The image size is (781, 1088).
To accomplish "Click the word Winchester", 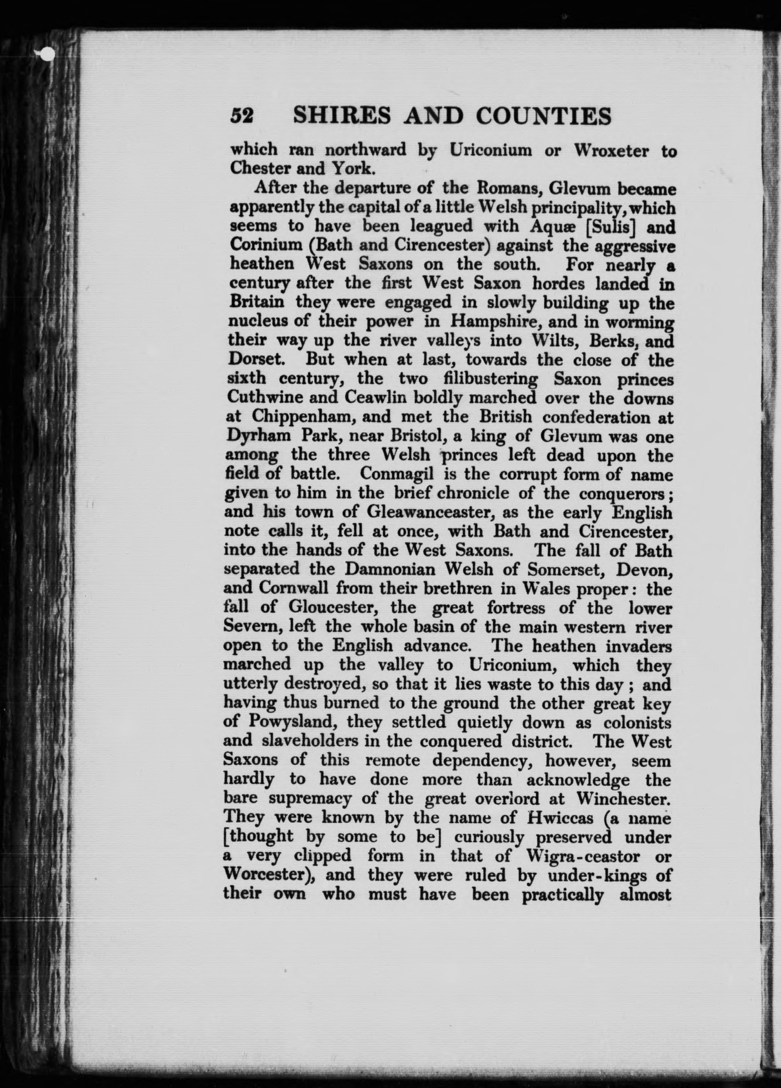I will tap(623, 797).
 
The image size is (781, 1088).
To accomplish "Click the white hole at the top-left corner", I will tap(47, 55).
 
